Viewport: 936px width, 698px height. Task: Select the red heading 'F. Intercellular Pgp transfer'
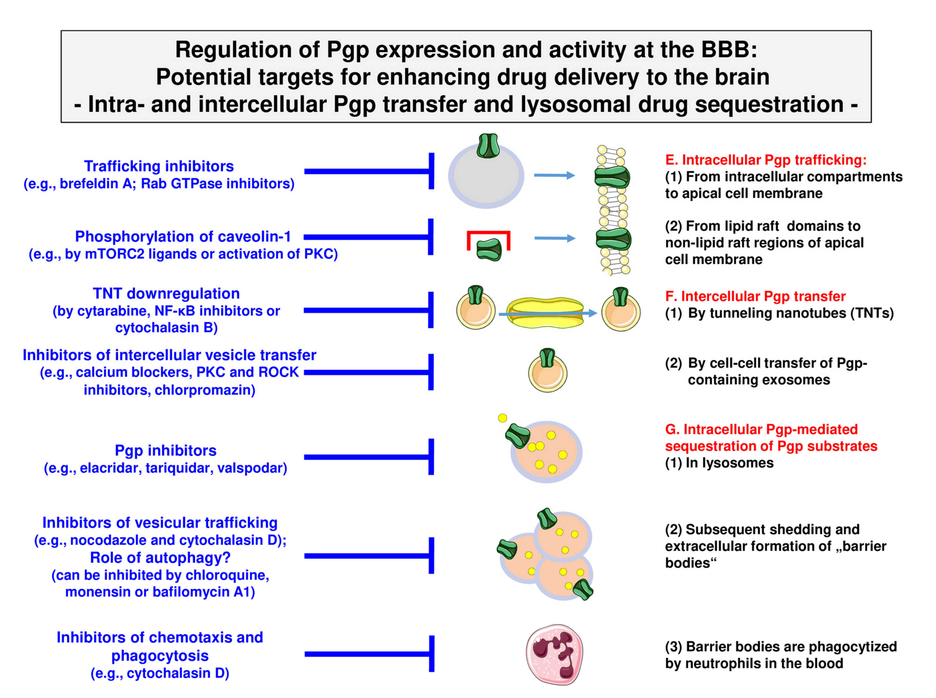click(755, 296)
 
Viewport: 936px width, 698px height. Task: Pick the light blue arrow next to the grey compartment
click(554, 175)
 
